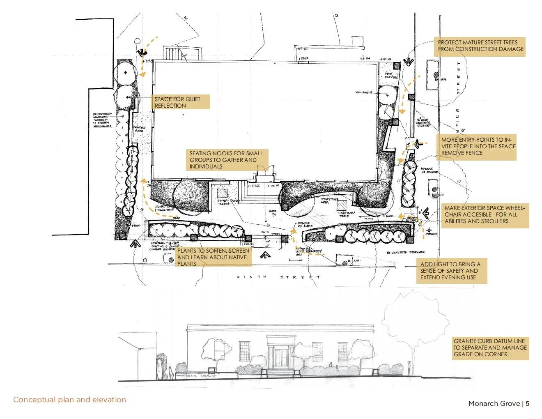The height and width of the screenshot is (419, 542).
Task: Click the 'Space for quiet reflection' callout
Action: (181, 102)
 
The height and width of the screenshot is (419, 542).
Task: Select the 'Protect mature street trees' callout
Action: (480, 46)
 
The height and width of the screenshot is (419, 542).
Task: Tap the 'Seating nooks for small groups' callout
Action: (227, 160)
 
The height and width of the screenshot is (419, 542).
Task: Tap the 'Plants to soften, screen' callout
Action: (212, 257)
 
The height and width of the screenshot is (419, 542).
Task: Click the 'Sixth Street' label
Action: (278, 277)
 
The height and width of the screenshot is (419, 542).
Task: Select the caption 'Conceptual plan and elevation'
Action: (69, 400)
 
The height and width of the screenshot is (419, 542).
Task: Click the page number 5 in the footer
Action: (528, 403)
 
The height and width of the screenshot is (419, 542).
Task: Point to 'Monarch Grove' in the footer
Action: (494, 403)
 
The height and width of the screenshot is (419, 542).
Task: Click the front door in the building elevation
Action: (280, 357)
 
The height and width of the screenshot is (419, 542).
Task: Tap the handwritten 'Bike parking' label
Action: (391, 76)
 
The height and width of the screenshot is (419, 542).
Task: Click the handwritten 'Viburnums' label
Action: (364, 92)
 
